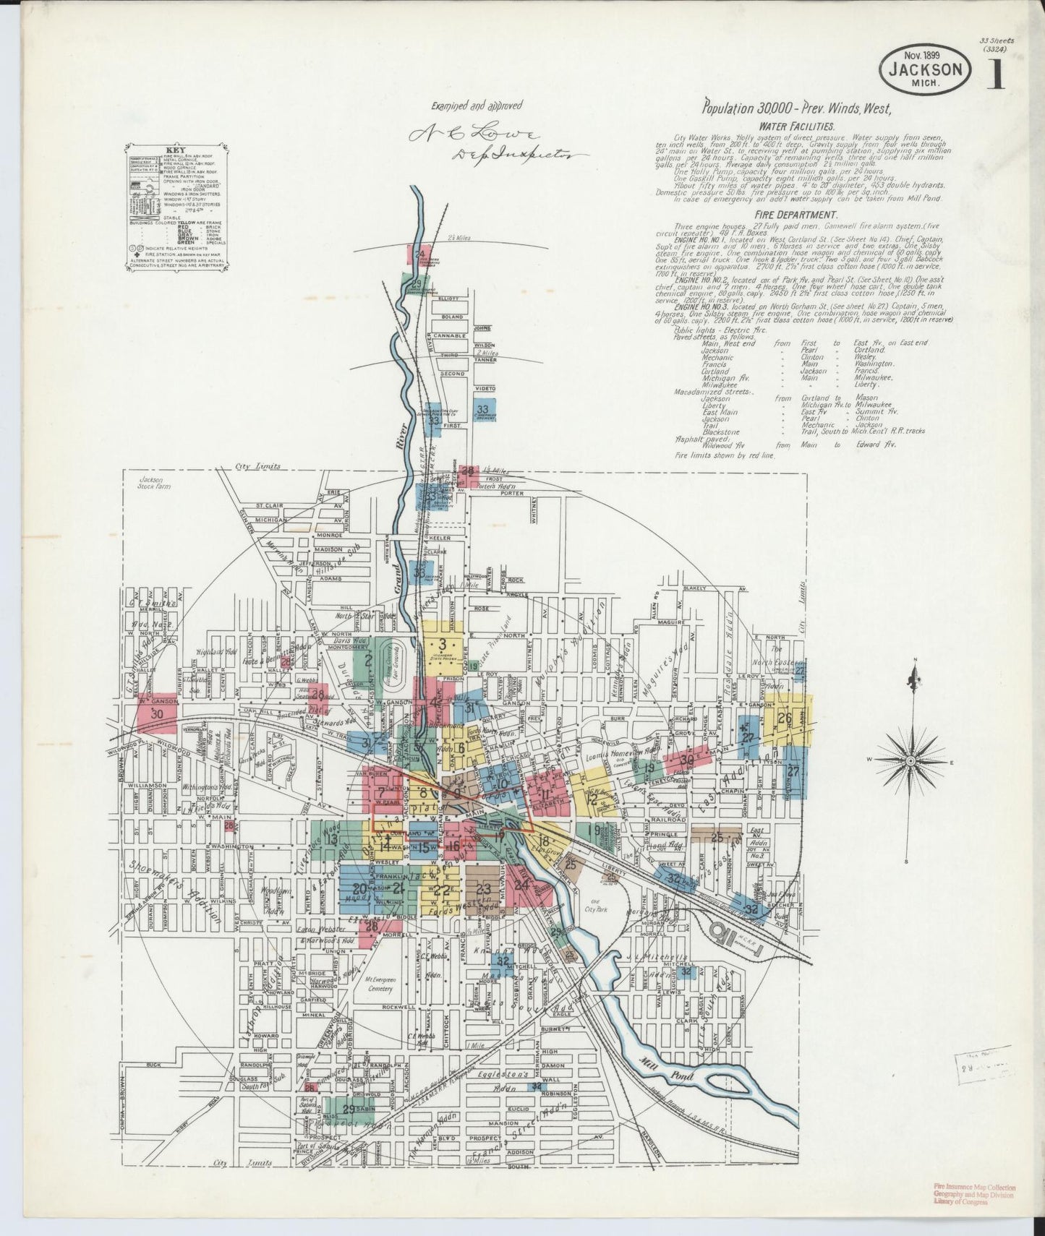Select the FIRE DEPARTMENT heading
pyautogui.click(x=796, y=215)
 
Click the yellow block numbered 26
pyautogui.click(x=785, y=718)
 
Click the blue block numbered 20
pyautogui.click(x=359, y=889)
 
